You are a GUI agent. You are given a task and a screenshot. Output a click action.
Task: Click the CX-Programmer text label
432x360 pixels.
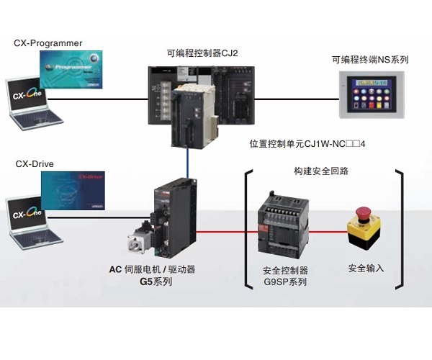[48, 43]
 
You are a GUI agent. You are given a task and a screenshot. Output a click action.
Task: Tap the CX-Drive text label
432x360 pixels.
[35, 164]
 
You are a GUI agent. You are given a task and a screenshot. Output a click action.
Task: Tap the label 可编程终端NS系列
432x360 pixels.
[369, 60]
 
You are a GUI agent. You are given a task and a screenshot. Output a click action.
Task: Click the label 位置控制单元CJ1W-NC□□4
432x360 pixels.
[307, 144]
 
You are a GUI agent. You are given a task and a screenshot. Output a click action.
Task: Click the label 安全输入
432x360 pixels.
[366, 269]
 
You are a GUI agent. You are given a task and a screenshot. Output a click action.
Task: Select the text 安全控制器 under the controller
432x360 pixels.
[286, 270]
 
